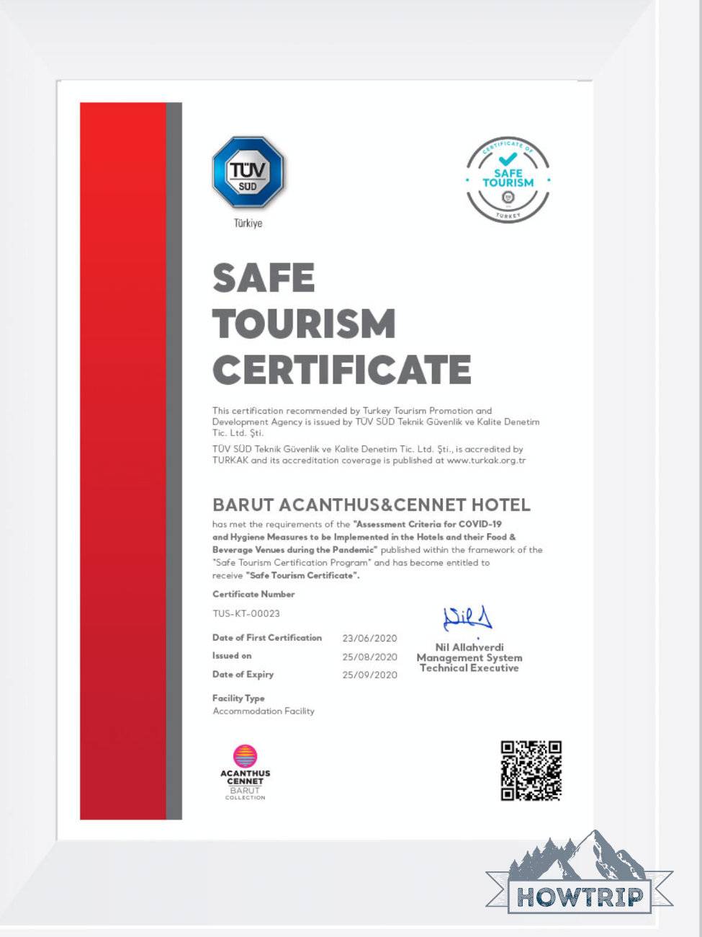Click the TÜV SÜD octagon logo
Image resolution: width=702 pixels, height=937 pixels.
pyautogui.click(x=248, y=174)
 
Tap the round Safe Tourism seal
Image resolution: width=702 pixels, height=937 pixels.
pyautogui.click(x=508, y=179)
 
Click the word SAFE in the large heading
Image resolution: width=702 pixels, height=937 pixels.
pyautogui.click(x=264, y=277)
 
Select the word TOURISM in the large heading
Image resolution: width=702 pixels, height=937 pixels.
pyautogui.click(x=304, y=323)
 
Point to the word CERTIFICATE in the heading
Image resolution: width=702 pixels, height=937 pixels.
pyautogui.click(x=341, y=370)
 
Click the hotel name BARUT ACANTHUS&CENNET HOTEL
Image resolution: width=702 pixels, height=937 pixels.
pyautogui.click(x=371, y=505)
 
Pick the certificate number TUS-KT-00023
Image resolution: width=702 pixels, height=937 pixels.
pyautogui.click(x=246, y=614)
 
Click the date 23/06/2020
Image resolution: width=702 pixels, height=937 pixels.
pyautogui.click(x=369, y=639)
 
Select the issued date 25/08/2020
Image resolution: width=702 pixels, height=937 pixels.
pyautogui.click(x=369, y=657)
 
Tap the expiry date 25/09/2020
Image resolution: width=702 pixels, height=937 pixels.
pyautogui.click(x=369, y=675)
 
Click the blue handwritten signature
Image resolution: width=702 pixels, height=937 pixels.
pyautogui.click(x=467, y=618)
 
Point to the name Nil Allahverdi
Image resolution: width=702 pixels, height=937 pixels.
pyautogui.click(x=469, y=647)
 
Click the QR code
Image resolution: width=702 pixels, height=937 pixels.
pyautogui.click(x=531, y=771)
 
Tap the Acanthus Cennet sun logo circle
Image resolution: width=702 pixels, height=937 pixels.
pyautogui.click(x=245, y=756)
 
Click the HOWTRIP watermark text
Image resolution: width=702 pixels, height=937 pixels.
pyautogui.click(x=580, y=897)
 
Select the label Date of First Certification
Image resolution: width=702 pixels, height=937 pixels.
pyautogui.click(x=267, y=638)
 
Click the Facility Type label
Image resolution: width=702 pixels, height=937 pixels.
pyautogui.click(x=238, y=698)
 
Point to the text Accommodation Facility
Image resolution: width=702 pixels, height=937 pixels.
pyautogui.click(x=264, y=711)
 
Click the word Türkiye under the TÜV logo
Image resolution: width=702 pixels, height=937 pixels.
pyautogui.click(x=248, y=223)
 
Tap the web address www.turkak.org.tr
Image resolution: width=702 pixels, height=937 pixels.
pyautogui.click(x=486, y=461)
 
